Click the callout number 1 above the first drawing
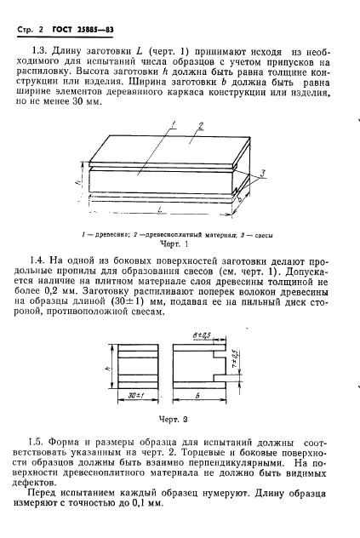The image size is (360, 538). coord(173,124)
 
